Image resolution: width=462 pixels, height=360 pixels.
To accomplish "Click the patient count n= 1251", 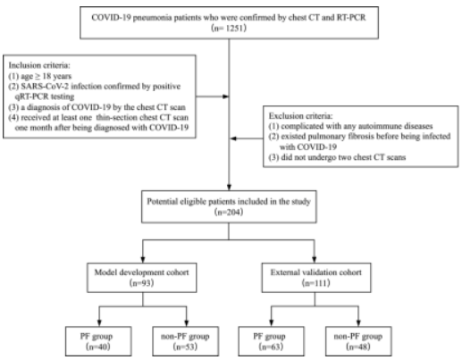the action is [x=229, y=29].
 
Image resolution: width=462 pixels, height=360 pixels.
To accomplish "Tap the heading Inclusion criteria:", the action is [x=39, y=65].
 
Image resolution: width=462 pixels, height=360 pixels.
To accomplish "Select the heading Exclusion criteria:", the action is [x=300, y=116].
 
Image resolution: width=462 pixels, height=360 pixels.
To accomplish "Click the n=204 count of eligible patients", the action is [x=229, y=212].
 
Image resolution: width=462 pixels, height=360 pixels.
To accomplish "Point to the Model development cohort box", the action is [x=142, y=278].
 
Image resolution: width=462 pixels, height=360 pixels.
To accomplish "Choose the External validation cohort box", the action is [x=316, y=278].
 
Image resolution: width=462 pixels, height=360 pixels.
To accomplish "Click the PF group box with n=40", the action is [x=98, y=341].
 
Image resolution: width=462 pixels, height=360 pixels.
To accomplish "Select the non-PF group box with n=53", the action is [x=185, y=341].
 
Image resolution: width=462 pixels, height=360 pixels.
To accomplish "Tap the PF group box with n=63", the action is [x=271, y=341].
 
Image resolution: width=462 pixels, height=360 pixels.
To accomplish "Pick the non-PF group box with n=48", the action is [x=358, y=341].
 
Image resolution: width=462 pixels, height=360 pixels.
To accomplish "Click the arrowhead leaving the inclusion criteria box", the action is [x=225, y=96].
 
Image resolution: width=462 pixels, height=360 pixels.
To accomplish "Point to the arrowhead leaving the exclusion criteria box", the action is [x=233, y=138].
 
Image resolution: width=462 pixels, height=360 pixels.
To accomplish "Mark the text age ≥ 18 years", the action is [x=46, y=76].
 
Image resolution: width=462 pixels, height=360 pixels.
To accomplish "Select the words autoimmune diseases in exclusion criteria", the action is [x=395, y=126].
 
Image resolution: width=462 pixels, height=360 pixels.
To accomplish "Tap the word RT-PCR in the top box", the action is [x=351, y=18].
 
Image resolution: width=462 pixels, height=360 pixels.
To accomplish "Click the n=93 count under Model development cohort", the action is [x=142, y=282].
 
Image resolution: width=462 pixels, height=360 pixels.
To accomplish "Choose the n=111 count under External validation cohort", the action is [x=316, y=282].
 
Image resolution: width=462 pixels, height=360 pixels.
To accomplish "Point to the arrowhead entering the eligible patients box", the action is [x=229, y=188].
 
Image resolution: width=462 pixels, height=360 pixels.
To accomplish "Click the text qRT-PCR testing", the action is [x=45, y=96].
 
